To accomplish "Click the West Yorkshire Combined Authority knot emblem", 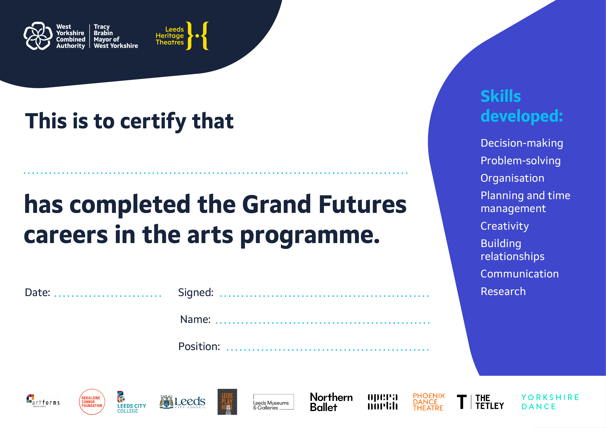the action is tap(38, 36).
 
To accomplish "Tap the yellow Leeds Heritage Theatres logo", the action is tap(182, 36).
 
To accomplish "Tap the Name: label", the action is tap(195, 319).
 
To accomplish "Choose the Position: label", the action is tap(199, 346).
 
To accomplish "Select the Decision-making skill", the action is tap(522, 143).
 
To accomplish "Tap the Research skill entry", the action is tap(503, 291).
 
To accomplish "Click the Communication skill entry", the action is tap(520, 274).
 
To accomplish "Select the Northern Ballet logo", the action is tap(331, 402).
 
